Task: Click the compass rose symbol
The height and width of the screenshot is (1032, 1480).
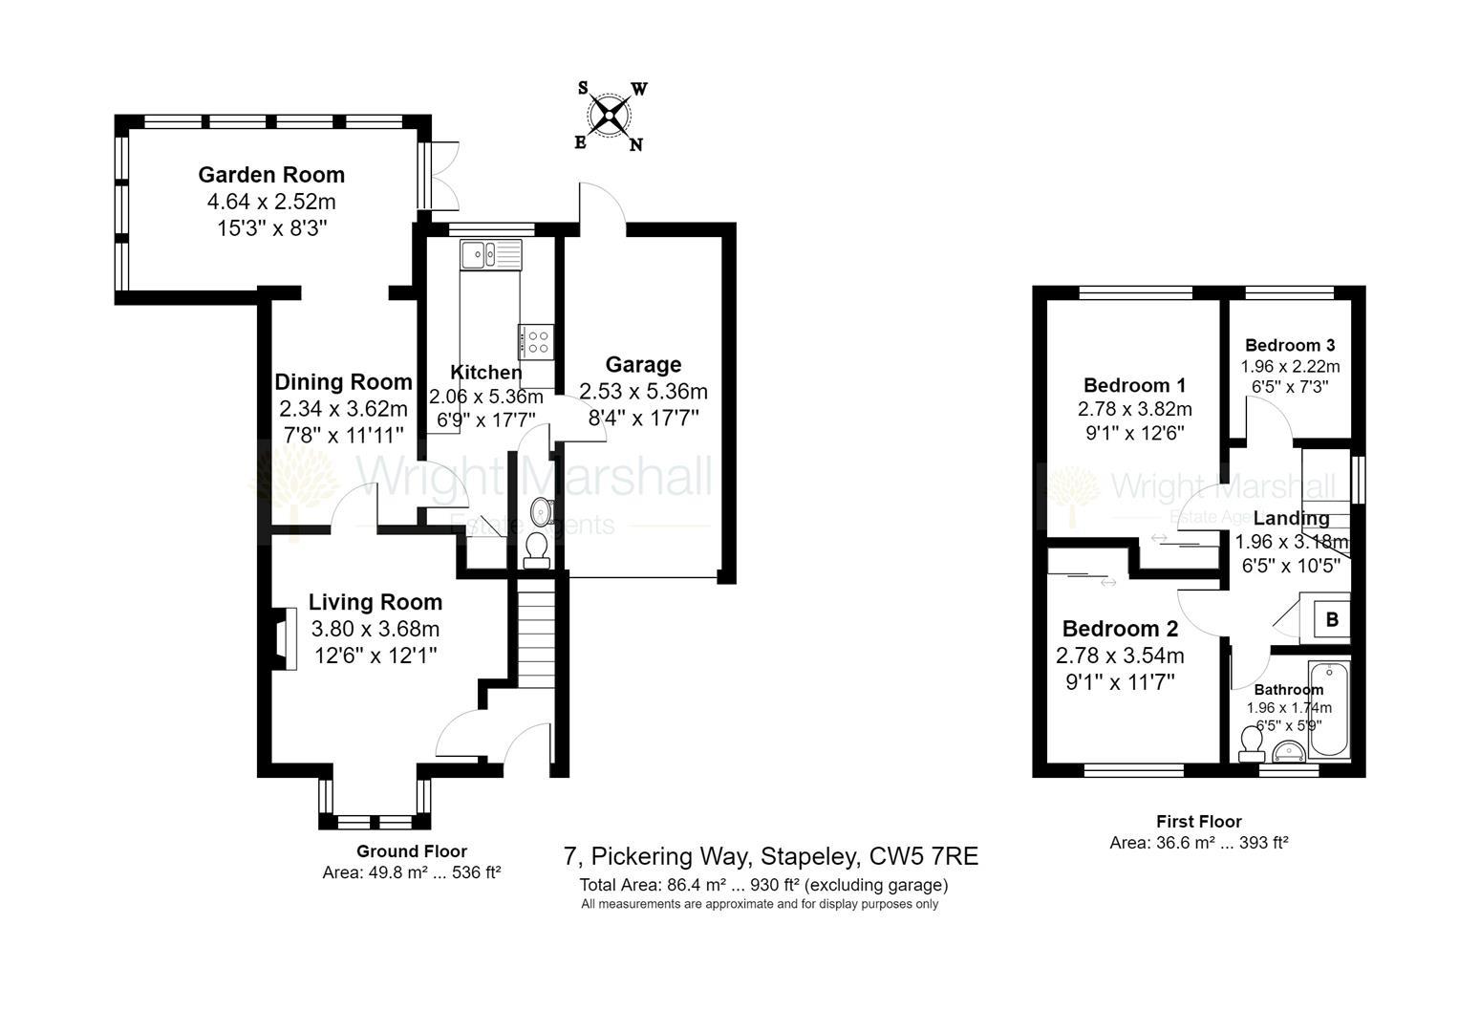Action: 610,117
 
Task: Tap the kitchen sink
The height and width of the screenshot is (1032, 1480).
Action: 490,255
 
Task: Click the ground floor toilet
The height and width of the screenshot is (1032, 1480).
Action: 536,549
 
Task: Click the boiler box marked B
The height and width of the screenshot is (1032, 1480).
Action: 1331,619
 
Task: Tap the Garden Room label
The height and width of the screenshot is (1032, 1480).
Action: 271,175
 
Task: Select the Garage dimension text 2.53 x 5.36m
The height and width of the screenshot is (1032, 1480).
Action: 643,392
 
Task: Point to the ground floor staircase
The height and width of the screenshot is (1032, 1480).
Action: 535,631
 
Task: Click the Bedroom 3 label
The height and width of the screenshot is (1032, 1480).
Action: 1290,345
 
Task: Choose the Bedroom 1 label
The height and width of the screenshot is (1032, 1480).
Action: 1134,385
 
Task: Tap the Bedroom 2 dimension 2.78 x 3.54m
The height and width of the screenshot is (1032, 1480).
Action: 1120,656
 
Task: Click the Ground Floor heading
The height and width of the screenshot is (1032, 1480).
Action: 412,850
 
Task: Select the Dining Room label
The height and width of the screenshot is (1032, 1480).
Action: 343,382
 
